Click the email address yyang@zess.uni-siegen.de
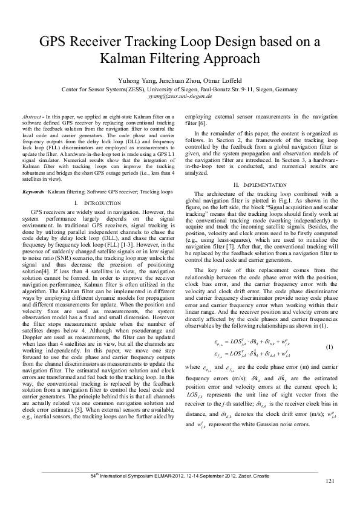click(180, 96)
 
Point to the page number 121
click(330, 498)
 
